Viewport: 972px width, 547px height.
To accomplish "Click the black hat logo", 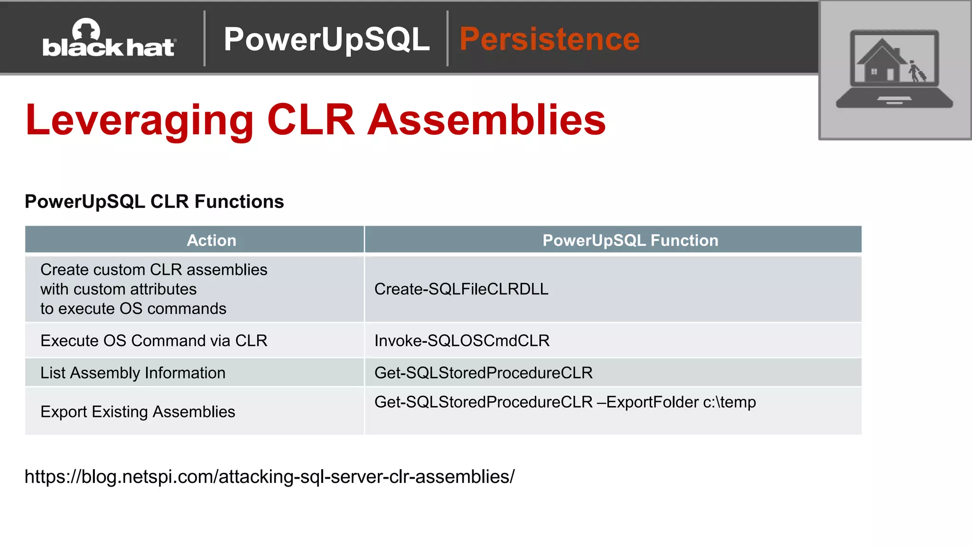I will coord(109,39).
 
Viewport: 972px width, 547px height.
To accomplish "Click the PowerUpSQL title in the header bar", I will coord(327,39).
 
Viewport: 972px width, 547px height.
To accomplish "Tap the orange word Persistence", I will coord(550,39).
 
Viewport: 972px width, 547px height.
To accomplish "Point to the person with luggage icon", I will coord(916,72).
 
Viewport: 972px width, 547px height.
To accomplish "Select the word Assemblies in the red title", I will coord(487,121).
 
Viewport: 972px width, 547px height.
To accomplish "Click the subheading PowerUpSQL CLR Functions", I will coord(154,202).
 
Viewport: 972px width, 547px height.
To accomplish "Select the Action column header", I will coord(211,240).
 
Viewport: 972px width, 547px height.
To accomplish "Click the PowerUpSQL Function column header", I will coord(630,240).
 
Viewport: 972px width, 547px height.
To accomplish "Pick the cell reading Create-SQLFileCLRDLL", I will coord(461,289).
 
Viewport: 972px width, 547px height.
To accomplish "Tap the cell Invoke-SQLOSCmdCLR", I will coord(462,341).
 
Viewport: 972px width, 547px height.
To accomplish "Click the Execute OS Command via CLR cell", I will coord(154,341).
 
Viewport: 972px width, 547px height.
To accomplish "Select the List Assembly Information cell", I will coord(133,373).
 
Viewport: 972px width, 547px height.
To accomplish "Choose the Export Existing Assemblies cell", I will coord(138,412).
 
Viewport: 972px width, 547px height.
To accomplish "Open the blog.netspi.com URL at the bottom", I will coord(270,477).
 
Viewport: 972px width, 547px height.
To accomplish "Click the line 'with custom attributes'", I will coord(119,289).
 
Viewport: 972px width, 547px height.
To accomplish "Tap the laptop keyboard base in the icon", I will coord(894,101).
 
